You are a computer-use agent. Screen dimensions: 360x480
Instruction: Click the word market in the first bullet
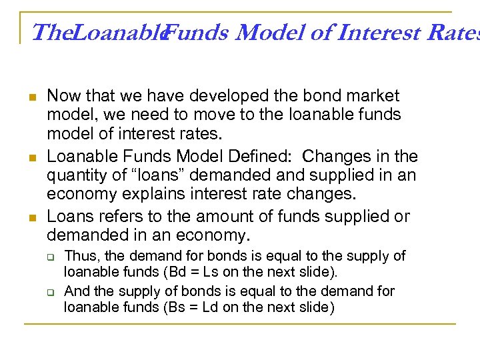pos(368,96)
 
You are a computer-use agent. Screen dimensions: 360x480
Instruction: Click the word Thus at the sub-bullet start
pos(80,256)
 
